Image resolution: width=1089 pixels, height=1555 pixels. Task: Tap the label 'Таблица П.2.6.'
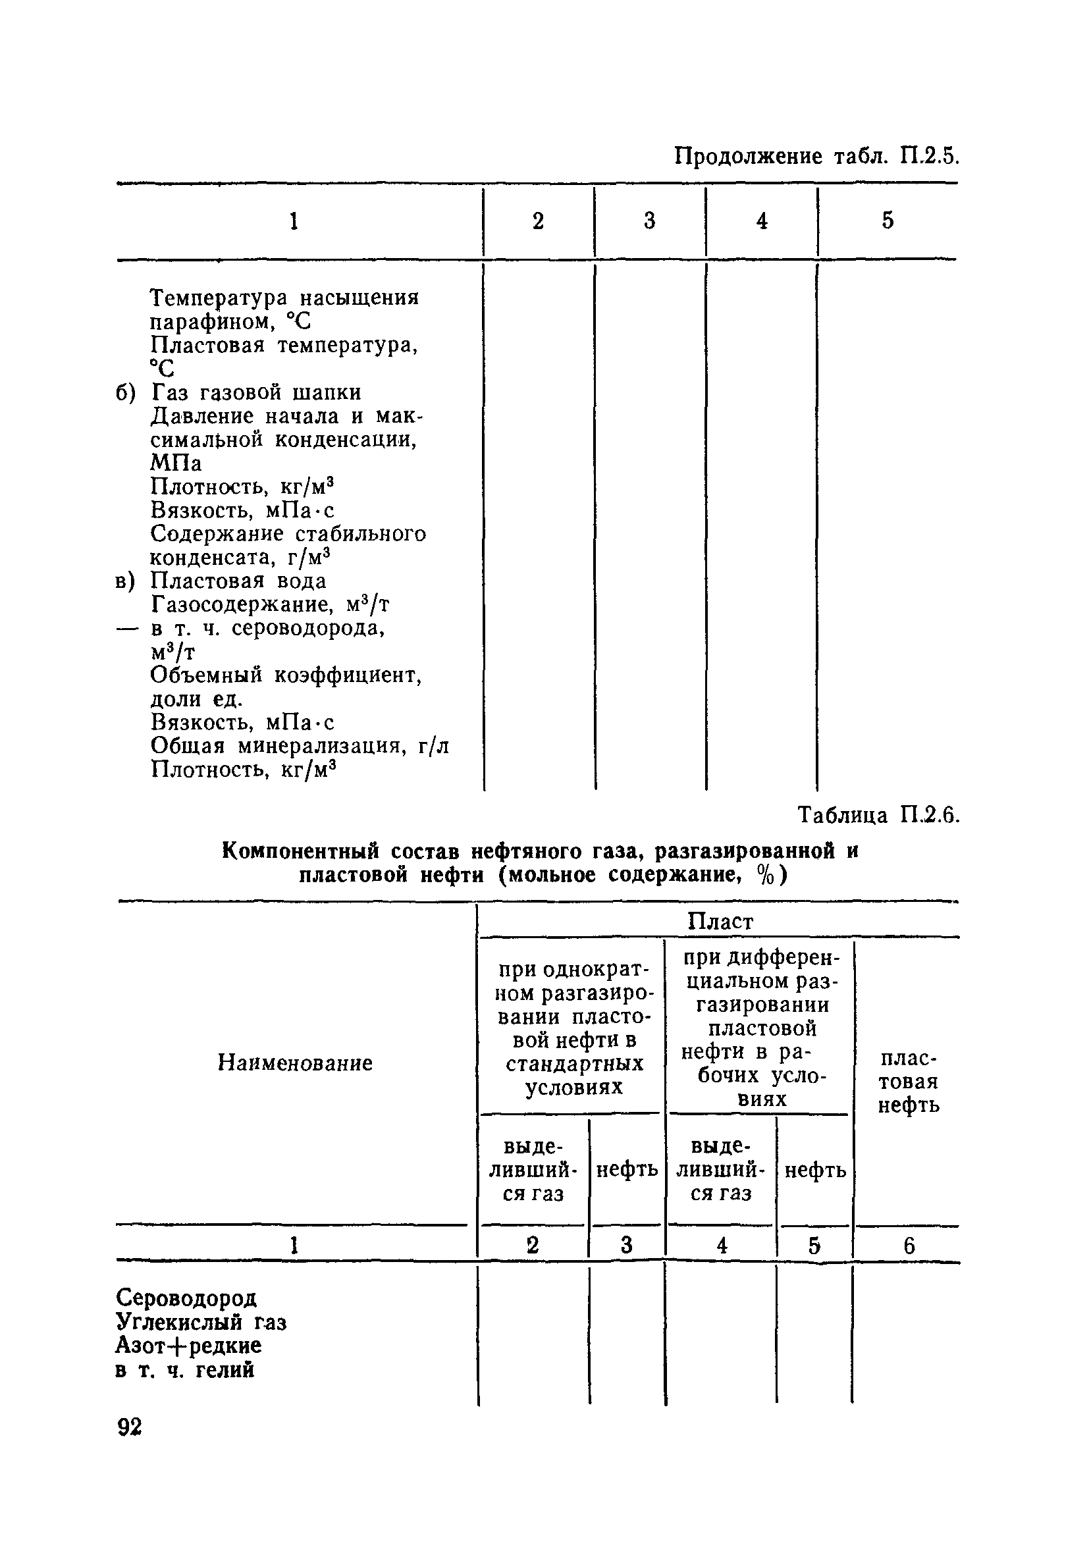click(878, 815)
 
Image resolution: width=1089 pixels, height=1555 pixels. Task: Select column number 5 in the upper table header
click(887, 221)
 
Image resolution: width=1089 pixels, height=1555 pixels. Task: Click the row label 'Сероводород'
click(186, 1298)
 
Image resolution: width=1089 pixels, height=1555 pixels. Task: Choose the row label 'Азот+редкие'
click(188, 1345)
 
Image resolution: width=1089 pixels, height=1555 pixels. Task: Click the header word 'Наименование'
click(294, 1063)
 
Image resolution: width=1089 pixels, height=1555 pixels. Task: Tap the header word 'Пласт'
click(720, 921)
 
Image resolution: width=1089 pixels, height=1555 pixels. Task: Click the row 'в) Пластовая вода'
click(221, 581)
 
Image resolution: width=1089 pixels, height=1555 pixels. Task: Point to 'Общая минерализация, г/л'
click(300, 746)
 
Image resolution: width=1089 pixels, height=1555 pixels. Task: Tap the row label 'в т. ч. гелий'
click(185, 1369)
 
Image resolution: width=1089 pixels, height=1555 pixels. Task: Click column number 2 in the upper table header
click(538, 221)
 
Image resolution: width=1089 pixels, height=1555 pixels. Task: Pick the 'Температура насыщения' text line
click(284, 298)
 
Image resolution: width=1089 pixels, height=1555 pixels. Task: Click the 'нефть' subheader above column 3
click(626, 1170)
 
